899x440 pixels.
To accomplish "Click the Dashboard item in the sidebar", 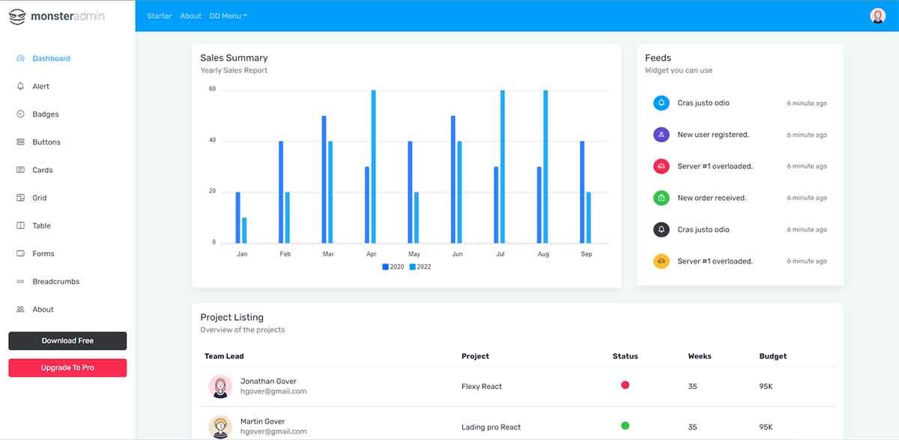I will pyautogui.click(x=50, y=58).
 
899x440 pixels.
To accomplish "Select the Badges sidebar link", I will pyautogui.click(x=45, y=114).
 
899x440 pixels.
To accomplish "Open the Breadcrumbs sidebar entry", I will pyautogui.click(x=55, y=281).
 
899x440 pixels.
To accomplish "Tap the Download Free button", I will pyautogui.click(x=67, y=340).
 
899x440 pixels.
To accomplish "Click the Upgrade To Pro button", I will pyautogui.click(x=67, y=367).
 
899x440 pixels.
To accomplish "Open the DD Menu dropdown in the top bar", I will pyautogui.click(x=228, y=16).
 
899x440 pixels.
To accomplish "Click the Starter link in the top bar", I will pyautogui.click(x=160, y=16).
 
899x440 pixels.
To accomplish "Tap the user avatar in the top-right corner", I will pyautogui.click(x=878, y=16).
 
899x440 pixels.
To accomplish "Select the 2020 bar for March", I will pyautogui.click(x=324, y=179).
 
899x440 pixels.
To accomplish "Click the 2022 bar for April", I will pyautogui.click(x=373, y=166).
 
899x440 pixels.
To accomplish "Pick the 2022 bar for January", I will pyautogui.click(x=244, y=230).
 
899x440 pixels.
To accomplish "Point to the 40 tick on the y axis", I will pyautogui.click(x=212, y=141).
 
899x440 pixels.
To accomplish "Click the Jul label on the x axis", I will pyautogui.click(x=500, y=254).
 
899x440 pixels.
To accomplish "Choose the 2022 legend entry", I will pyautogui.click(x=420, y=267).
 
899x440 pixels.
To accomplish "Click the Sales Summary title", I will pyautogui.click(x=234, y=58).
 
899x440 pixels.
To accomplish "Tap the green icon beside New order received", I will pyautogui.click(x=661, y=198).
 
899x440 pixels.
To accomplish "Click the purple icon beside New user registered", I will pyautogui.click(x=661, y=135).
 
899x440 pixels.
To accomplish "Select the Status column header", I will pyautogui.click(x=625, y=356).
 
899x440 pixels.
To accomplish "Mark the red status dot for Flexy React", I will pyautogui.click(x=625, y=385).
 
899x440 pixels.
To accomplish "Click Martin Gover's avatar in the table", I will pyautogui.click(x=220, y=427).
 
